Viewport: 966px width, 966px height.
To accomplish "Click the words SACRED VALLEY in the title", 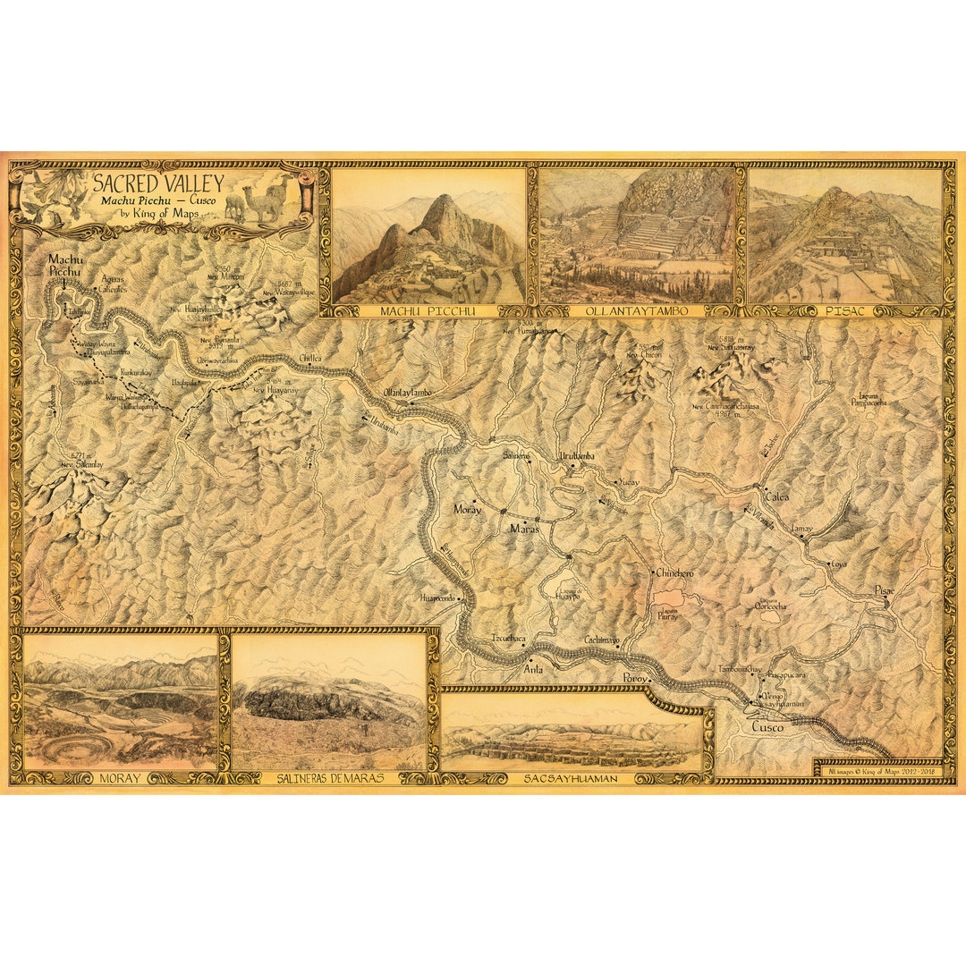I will click(x=157, y=184).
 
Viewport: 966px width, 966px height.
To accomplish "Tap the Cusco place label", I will click(x=767, y=727).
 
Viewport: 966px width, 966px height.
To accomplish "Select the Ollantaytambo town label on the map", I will click(x=407, y=393).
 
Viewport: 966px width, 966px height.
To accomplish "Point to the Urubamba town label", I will click(x=577, y=456).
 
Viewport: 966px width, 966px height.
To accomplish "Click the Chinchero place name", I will click(x=674, y=572).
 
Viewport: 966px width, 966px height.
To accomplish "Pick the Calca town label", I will click(x=776, y=497).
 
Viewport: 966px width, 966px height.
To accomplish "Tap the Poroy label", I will click(x=634, y=679).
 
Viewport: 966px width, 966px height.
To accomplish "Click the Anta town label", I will click(x=533, y=668).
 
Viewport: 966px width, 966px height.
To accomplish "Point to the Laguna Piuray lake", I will click(x=670, y=598).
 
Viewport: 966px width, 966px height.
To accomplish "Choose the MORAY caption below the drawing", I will click(x=120, y=778).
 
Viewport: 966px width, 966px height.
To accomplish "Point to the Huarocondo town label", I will click(x=437, y=597).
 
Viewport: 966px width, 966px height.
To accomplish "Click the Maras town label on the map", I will click(x=524, y=529).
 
